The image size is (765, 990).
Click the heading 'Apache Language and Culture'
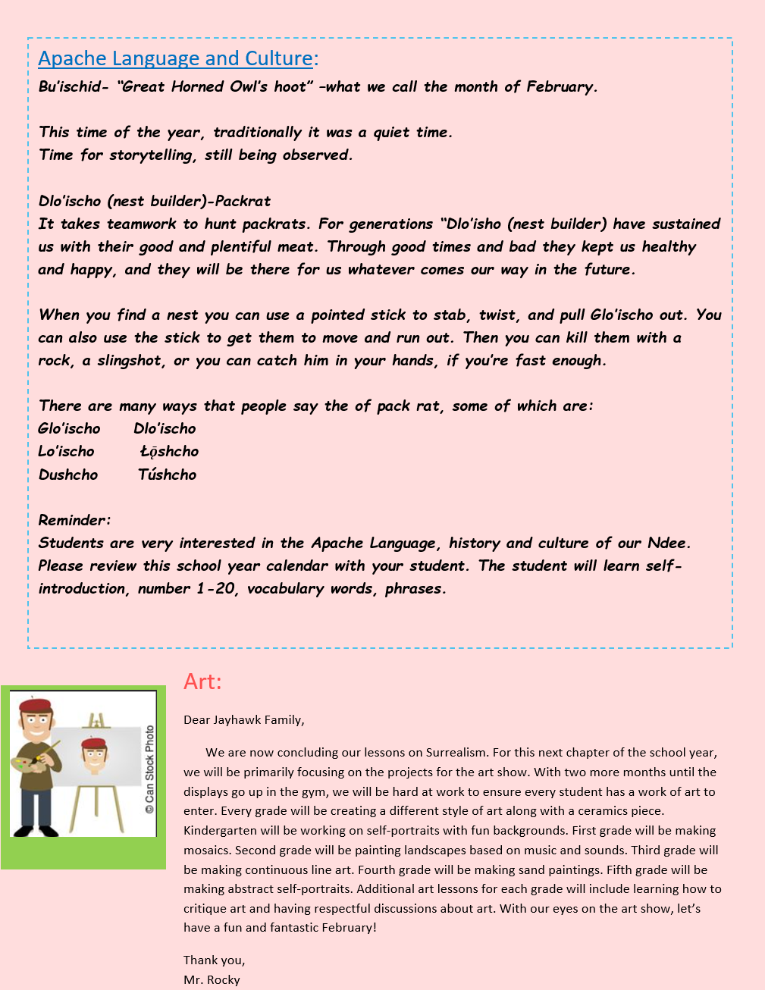(176, 58)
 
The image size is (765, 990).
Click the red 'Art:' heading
(202, 681)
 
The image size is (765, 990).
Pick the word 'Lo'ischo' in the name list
(67, 452)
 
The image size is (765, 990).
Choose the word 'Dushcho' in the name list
(68, 475)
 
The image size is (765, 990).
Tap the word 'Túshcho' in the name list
(167, 475)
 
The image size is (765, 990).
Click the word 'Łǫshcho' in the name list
(170, 452)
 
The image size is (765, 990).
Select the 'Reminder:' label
(74, 521)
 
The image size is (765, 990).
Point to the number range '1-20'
(215, 589)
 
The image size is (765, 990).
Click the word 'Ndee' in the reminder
(666, 544)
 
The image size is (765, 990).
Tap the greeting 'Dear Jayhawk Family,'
(244, 720)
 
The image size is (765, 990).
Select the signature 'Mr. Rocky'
(212, 979)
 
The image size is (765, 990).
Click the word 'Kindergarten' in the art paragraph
(219, 831)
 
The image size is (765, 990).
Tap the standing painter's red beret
(36, 706)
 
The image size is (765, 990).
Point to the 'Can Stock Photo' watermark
(149, 769)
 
